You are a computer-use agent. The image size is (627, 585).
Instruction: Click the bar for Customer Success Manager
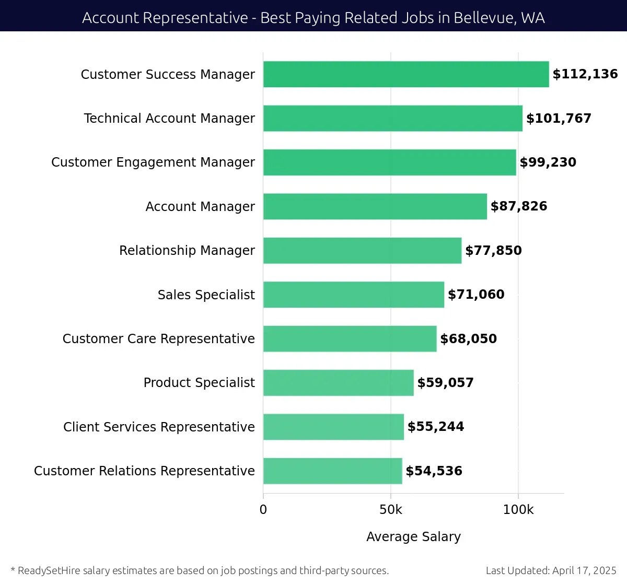(x=406, y=74)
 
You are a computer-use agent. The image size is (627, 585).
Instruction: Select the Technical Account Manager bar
(x=393, y=118)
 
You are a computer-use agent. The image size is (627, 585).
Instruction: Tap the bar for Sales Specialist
(x=354, y=295)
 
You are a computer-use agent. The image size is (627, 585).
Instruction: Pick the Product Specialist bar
(x=339, y=383)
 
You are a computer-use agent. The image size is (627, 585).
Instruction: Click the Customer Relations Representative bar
(x=333, y=471)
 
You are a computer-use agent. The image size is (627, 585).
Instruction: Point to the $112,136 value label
(x=585, y=74)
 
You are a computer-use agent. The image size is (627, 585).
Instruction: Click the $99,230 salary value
(x=548, y=162)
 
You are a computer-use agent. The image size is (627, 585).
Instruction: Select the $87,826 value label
(x=519, y=206)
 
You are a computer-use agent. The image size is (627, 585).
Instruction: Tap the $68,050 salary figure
(x=469, y=339)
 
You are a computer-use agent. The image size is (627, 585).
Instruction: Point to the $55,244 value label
(x=436, y=427)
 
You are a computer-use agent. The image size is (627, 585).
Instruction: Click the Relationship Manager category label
(x=187, y=251)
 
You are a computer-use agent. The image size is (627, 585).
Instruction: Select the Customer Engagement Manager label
(x=153, y=162)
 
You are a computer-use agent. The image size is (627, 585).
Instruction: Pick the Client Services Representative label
(x=159, y=427)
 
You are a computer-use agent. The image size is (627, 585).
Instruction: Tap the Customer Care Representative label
(x=159, y=339)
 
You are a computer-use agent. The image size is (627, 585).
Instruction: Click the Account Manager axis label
(x=200, y=207)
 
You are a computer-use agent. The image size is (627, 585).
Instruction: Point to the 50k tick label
(x=391, y=510)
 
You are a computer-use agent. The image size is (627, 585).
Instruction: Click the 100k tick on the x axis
(x=518, y=510)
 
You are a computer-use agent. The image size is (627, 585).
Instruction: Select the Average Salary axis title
(x=413, y=536)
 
